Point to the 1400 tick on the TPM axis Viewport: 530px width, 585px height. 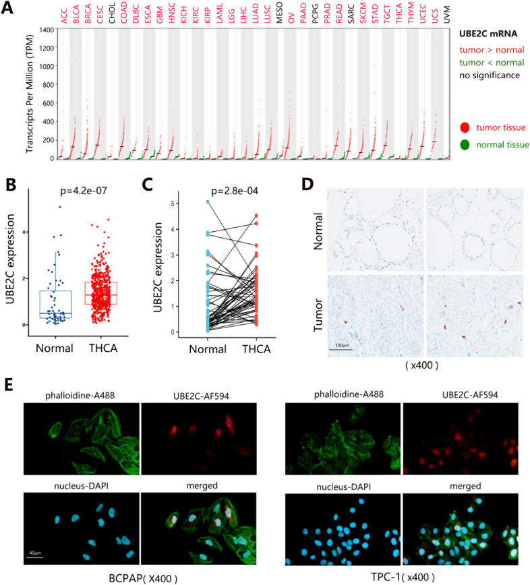45,30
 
